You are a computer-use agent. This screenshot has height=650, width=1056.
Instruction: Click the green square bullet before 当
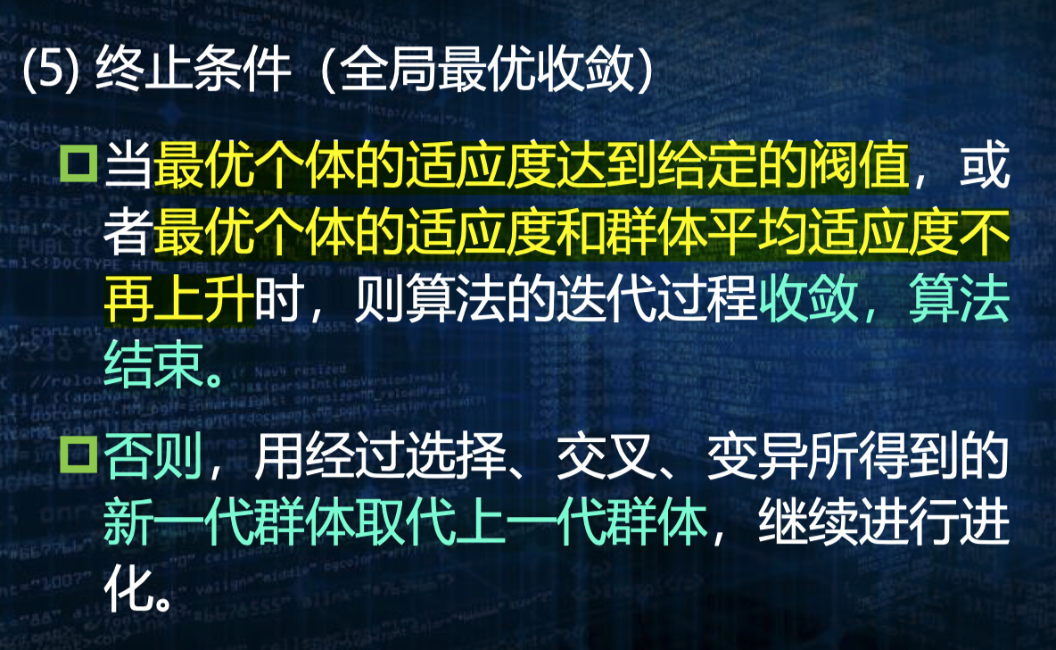click(79, 164)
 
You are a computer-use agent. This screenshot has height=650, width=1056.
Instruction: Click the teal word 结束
click(153, 367)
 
